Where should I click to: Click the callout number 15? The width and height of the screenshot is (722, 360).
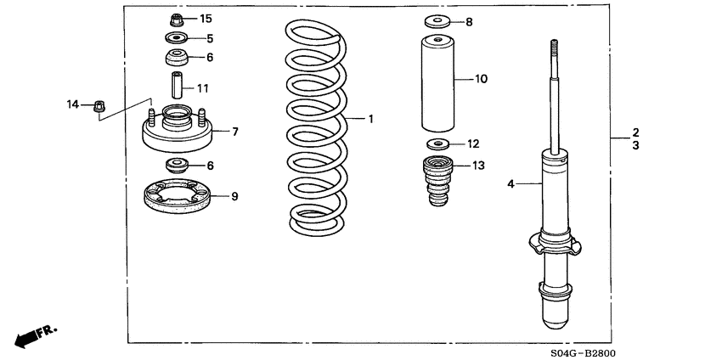coord(206,18)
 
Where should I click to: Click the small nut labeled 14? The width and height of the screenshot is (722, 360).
coord(98,105)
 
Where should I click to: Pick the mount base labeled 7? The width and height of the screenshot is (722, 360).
coord(177,132)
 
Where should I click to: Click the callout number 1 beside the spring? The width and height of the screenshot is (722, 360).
coord(370,119)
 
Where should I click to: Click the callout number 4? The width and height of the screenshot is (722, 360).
coord(510,183)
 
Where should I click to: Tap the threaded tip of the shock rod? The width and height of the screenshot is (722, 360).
coord(553,49)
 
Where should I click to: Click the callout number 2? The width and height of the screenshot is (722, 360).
coord(635,132)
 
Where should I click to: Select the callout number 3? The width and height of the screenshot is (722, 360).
coord(635,146)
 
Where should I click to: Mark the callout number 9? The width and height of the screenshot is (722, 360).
coord(234,196)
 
